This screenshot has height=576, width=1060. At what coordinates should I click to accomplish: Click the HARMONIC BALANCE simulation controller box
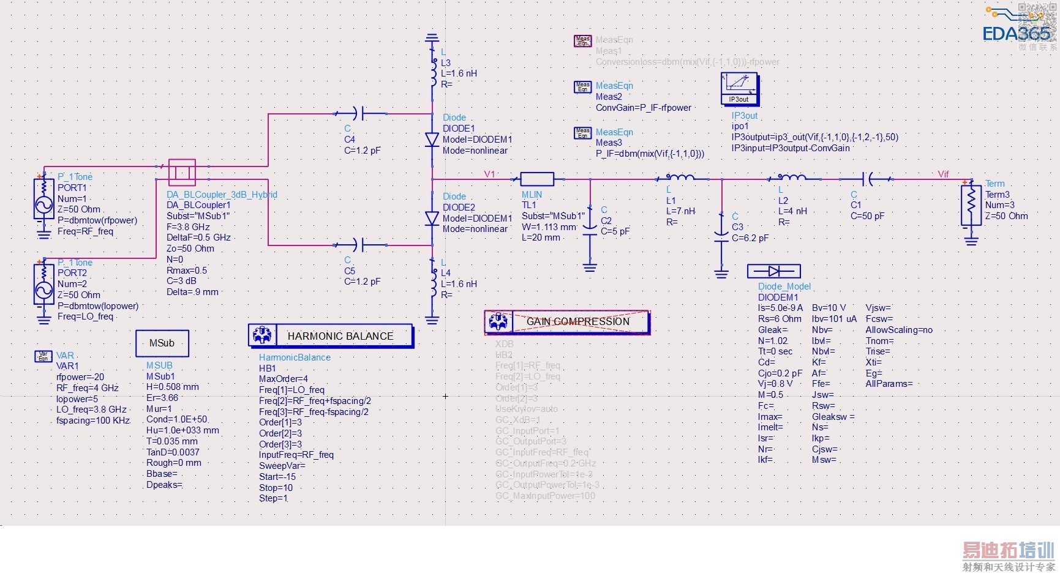[x=331, y=335]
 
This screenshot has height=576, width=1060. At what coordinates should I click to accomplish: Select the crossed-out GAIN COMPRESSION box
[x=567, y=321]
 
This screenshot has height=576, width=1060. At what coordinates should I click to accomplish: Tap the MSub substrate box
[x=162, y=343]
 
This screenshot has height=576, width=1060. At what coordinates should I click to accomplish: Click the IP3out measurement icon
[x=739, y=88]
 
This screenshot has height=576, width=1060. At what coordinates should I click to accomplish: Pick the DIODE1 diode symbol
[x=432, y=139]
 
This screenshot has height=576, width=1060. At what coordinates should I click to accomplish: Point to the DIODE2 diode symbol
[x=432, y=218]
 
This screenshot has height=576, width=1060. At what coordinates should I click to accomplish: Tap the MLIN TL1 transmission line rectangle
[x=537, y=179]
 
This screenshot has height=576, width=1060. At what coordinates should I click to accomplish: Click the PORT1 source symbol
[x=44, y=199]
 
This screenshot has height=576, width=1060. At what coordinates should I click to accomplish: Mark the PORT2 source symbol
[x=44, y=284]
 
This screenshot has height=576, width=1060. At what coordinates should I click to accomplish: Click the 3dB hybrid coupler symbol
[x=182, y=172]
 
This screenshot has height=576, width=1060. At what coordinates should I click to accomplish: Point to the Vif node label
[x=943, y=174]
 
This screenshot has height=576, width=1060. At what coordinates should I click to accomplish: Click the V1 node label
[x=489, y=174]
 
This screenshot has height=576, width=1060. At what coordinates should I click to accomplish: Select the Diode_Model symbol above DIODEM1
[x=774, y=271]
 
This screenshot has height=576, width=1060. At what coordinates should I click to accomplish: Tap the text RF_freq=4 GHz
[x=88, y=388]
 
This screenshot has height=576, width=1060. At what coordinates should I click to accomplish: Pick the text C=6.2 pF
[x=750, y=238]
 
